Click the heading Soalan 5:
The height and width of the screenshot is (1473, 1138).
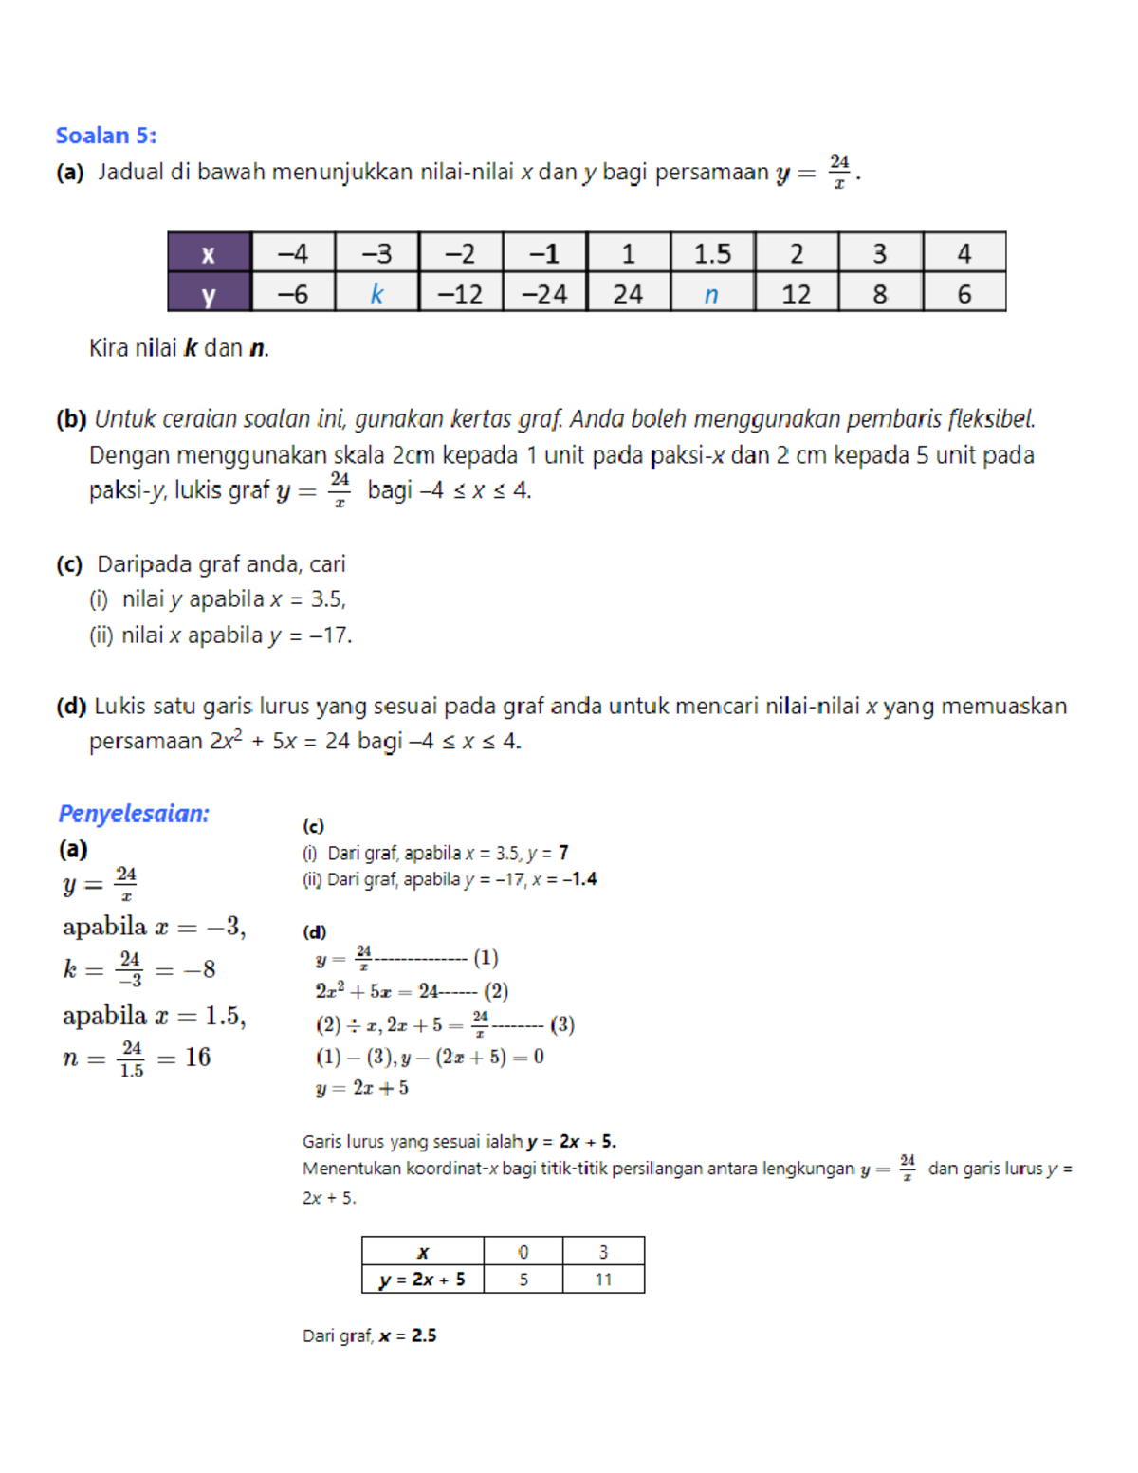[105, 136]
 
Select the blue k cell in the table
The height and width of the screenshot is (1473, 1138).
[376, 294]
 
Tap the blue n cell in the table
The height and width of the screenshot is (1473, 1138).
[711, 294]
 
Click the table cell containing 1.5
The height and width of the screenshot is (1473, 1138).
[711, 253]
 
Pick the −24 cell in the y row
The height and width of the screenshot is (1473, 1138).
[544, 294]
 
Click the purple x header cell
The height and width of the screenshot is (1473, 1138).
[209, 253]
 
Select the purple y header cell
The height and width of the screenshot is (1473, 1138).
[209, 295]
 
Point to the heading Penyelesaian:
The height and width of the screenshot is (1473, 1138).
[134, 814]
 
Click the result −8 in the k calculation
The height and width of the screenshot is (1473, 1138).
[199, 968]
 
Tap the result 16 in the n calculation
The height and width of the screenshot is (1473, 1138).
[197, 1057]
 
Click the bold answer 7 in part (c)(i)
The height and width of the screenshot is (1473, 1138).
[563, 853]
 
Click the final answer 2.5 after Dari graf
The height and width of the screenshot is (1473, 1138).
[424, 1335]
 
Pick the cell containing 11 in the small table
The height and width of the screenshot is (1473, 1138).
[603, 1280]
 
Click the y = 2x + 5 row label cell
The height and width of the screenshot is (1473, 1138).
[422, 1280]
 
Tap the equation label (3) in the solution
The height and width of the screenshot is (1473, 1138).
[562, 1024]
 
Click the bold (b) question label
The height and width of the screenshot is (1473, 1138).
[71, 419]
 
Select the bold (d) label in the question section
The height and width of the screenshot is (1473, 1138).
[71, 706]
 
